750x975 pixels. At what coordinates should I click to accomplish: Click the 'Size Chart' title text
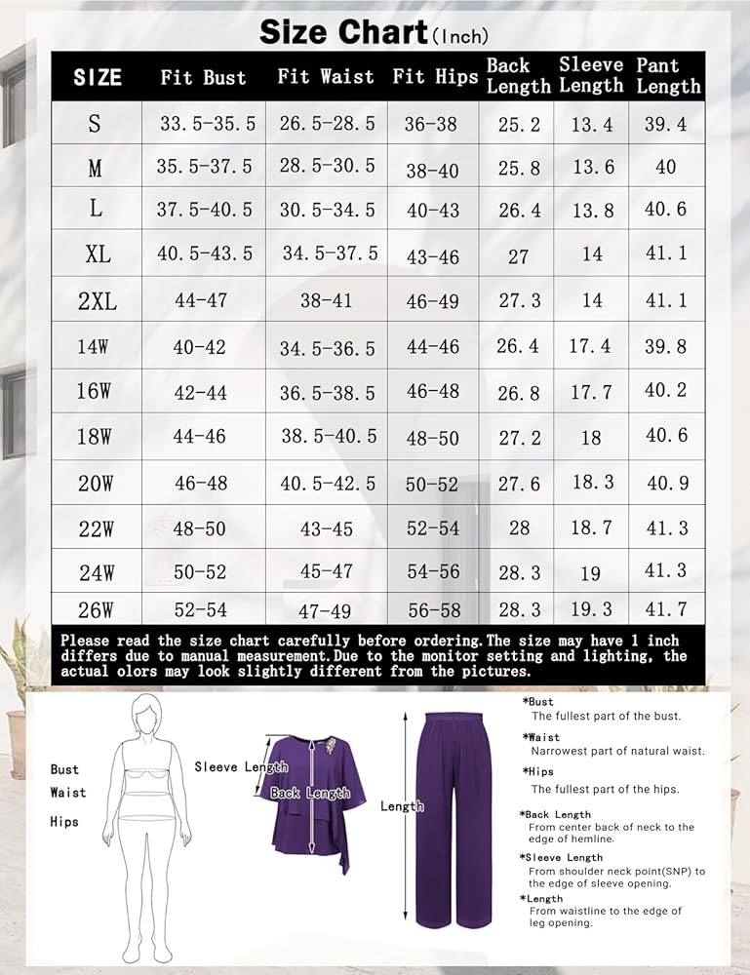coord(343,32)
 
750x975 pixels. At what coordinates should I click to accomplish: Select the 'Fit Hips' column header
coord(433,76)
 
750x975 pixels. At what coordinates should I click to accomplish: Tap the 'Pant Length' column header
coord(668,76)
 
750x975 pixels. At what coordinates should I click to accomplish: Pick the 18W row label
coord(95,437)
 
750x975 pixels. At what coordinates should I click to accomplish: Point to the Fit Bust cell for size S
coord(207,124)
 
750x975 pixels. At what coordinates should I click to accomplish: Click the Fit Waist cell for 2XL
coord(326,300)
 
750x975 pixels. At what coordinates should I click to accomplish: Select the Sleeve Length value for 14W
coord(591,346)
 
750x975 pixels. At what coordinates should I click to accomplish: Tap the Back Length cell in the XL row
coord(518,256)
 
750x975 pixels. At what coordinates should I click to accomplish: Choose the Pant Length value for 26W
coord(666,609)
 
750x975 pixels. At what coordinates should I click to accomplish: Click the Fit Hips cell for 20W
coord(432,484)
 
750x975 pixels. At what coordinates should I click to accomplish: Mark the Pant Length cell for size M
coord(666,167)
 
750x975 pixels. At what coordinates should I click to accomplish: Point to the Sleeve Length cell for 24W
coord(591,573)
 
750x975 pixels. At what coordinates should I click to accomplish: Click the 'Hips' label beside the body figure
coord(64,822)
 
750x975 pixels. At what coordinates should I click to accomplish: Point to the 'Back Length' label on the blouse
coord(310,794)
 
